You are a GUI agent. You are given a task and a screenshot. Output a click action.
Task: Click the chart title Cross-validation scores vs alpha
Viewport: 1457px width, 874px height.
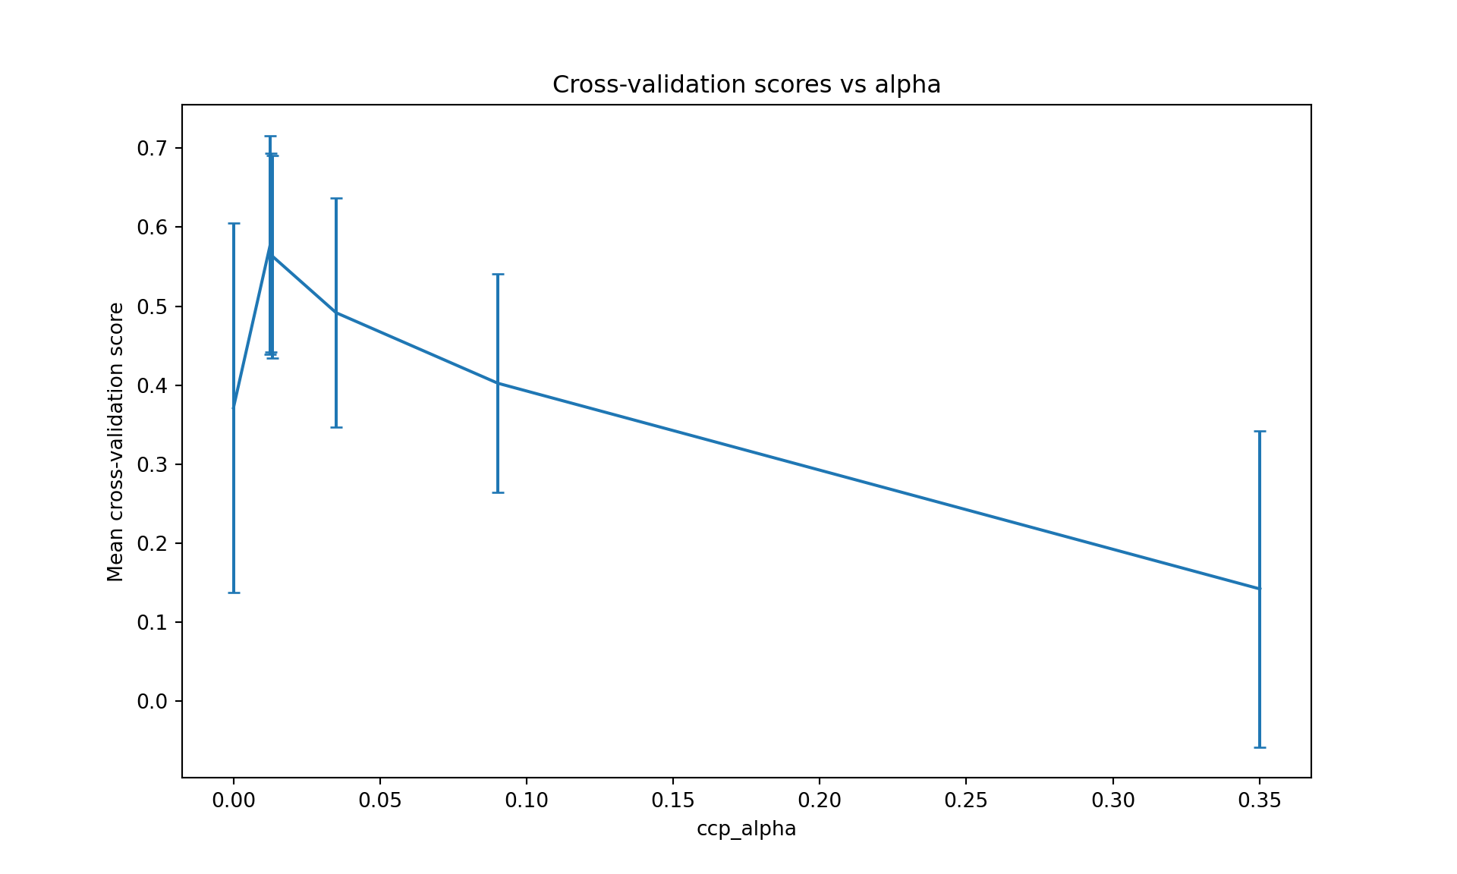coord(746,84)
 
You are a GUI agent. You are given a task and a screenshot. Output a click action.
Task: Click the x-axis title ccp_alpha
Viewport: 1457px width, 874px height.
coord(746,828)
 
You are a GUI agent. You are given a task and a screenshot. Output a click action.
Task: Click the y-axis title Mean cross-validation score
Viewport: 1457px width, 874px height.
coord(115,442)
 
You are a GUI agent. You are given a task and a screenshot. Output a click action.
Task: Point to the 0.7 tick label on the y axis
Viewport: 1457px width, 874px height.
coord(153,148)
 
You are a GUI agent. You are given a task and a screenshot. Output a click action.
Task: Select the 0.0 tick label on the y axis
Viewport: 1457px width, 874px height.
coord(153,701)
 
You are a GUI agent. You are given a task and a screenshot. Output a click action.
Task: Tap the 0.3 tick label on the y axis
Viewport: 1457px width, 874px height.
coord(153,464)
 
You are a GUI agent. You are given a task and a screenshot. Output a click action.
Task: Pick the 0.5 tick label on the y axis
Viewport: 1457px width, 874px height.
coord(153,307)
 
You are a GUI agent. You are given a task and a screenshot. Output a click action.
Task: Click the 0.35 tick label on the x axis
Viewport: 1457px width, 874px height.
coord(1259,800)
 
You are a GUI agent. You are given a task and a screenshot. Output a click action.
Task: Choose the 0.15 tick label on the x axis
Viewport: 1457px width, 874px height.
coord(673,800)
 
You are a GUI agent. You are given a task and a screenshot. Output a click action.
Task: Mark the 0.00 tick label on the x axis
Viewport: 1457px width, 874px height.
coord(234,800)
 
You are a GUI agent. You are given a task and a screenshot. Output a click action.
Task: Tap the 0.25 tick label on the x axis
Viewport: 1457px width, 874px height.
coord(966,800)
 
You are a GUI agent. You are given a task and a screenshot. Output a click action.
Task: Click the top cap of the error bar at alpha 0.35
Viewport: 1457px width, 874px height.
coord(1260,431)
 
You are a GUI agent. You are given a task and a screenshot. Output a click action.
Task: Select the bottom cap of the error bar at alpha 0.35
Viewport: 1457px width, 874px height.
coord(1260,747)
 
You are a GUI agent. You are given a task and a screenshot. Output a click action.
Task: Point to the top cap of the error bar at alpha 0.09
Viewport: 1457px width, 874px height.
coord(498,274)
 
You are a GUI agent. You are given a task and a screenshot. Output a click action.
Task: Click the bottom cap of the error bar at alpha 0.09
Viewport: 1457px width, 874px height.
coord(498,492)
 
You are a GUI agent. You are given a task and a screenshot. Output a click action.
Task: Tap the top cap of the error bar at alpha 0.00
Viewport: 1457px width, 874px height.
coord(234,223)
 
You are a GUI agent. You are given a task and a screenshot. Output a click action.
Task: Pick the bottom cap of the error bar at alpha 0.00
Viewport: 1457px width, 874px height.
coord(234,593)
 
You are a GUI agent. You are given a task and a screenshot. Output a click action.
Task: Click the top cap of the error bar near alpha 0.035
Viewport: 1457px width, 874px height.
coord(336,198)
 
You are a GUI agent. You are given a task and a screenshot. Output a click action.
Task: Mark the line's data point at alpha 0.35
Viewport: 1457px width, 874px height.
coord(1260,589)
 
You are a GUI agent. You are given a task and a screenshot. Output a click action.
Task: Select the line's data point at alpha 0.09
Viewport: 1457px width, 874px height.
coord(498,383)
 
